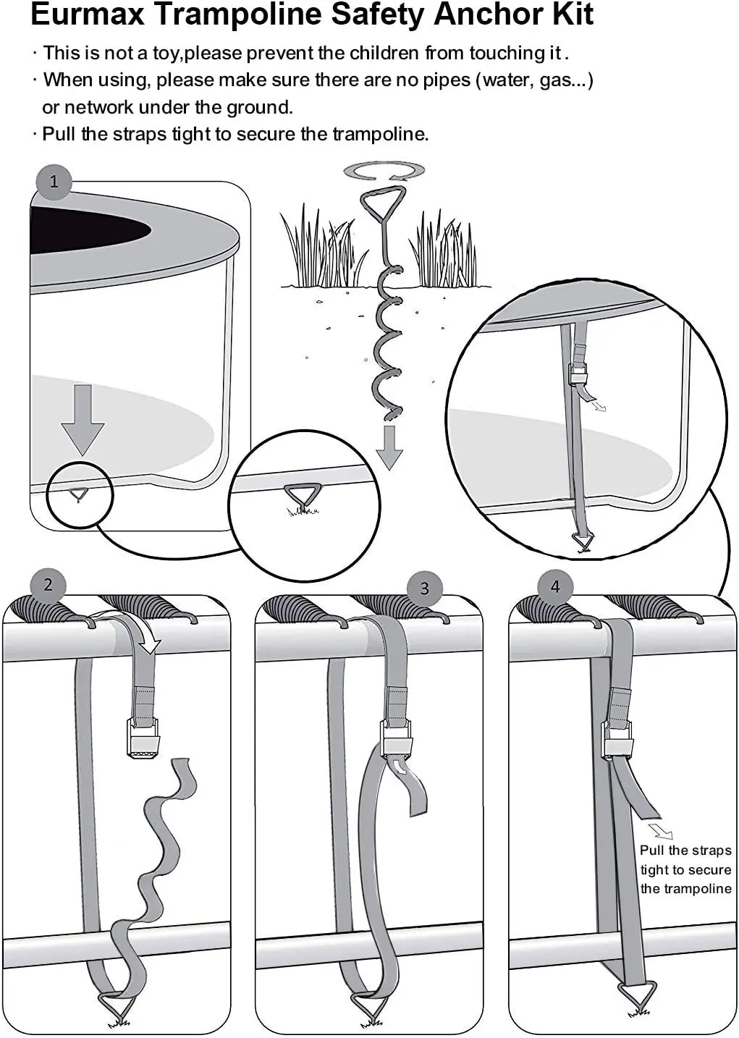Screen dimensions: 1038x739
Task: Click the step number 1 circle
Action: pos(54,181)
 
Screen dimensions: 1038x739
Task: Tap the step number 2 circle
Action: pos(48,585)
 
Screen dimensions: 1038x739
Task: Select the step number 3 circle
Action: pos(425,588)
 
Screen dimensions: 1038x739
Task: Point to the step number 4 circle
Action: pos(555,586)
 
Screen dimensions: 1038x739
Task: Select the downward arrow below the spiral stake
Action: pos(389,447)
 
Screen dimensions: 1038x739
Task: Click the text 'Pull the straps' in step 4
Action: pos(685,851)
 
